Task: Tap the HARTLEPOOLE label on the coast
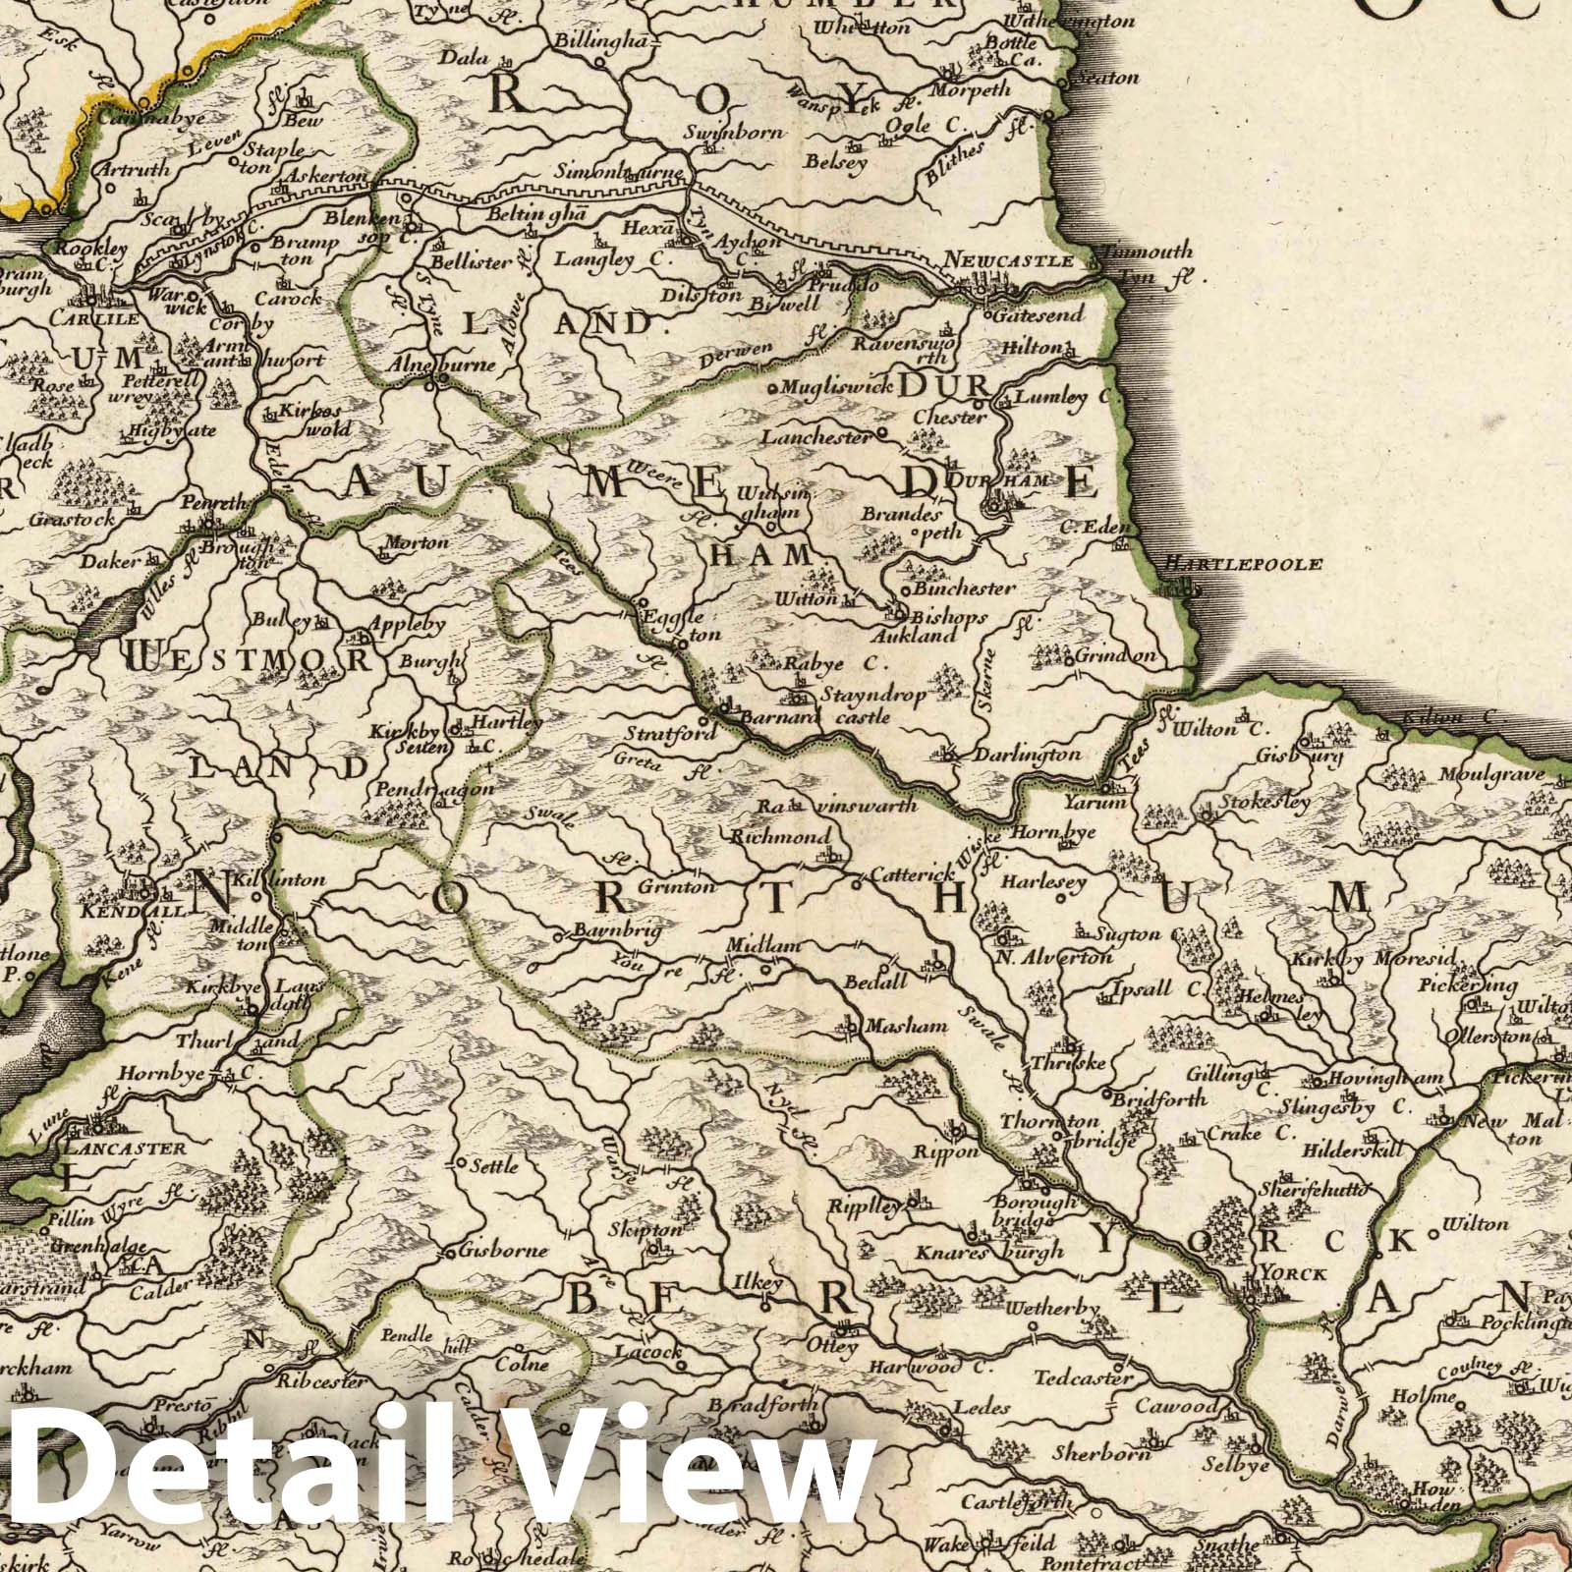[1243, 564]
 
